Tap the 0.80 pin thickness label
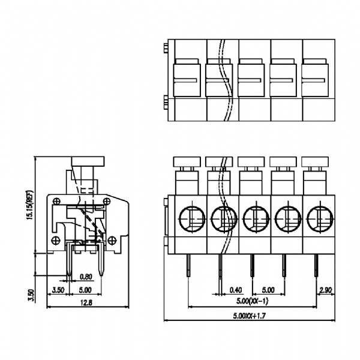click(86, 277)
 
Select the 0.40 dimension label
click(236, 289)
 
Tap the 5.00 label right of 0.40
click(268, 289)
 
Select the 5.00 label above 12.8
click(86, 290)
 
